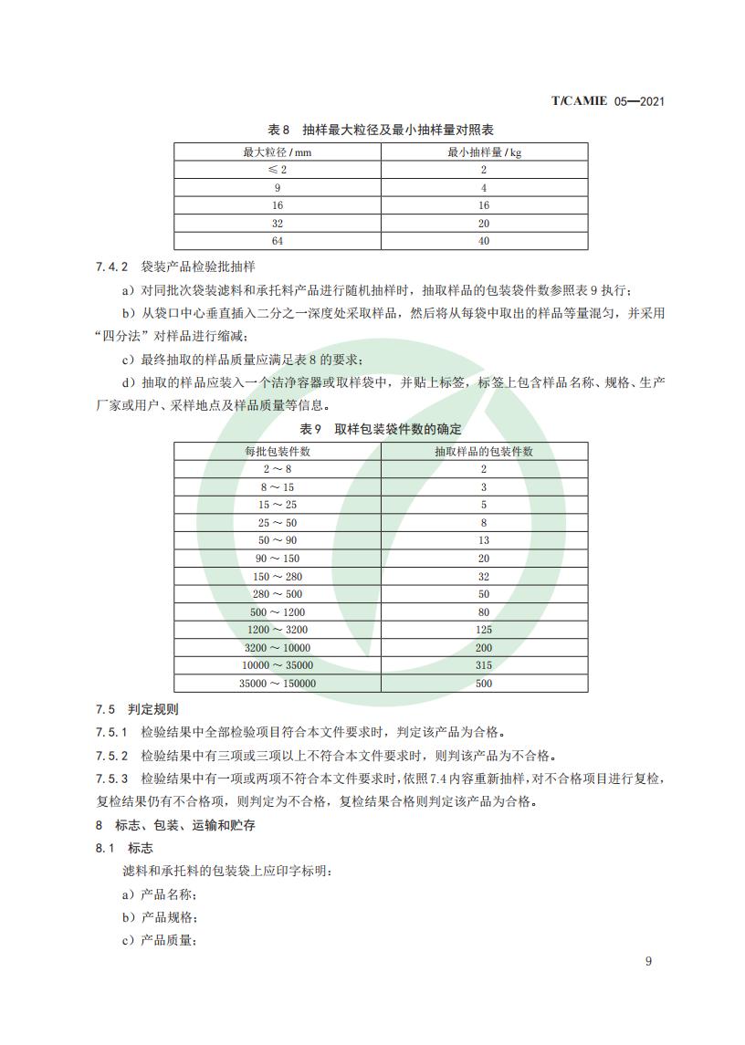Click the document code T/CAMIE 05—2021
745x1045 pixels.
pyautogui.click(x=607, y=100)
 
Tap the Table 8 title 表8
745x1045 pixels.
pyautogui.click(x=278, y=130)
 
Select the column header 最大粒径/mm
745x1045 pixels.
pyautogui.click(x=277, y=152)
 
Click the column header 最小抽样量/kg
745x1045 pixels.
pyautogui.click(x=484, y=152)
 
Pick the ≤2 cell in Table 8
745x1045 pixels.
pyautogui.click(x=277, y=170)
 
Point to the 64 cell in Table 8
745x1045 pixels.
pyautogui.click(x=277, y=241)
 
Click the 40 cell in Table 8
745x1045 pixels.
pyautogui.click(x=484, y=241)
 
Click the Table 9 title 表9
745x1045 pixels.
pyautogui.click(x=311, y=429)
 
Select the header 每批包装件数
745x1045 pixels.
pyautogui.click(x=278, y=451)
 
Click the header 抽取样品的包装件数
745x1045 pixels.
pyautogui.click(x=484, y=451)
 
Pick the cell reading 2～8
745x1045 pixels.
pyautogui.click(x=278, y=469)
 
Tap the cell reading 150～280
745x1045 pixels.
pyautogui.click(x=278, y=576)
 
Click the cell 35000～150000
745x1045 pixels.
pyautogui.click(x=278, y=683)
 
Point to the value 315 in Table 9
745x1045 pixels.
pyautogui.click(x=484, y=665)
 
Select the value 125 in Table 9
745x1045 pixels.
pyautogui.click(x=484, y=630)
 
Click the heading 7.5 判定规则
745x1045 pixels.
pyautogui.click(x=137, y=709)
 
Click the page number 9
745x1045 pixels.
pyautogui.click(x=648, y=960)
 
